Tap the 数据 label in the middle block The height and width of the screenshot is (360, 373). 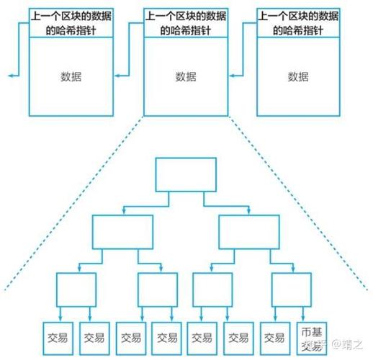click(x=186, y=76)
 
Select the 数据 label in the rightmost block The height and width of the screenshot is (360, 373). click(x=298, y=76)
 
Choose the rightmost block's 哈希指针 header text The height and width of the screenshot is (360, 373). click(x=298, y=22)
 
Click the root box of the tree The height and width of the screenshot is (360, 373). click(x=184, y=175)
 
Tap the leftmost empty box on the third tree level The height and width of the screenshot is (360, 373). click(x=76, y=289)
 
